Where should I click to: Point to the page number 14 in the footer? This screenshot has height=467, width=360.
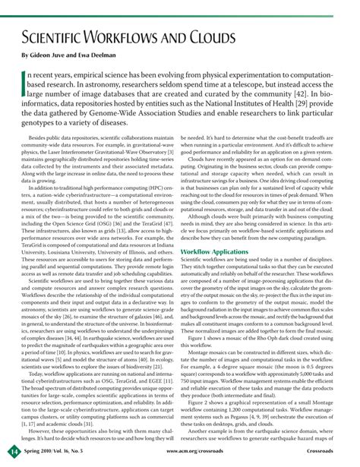[x=13, y=453]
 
